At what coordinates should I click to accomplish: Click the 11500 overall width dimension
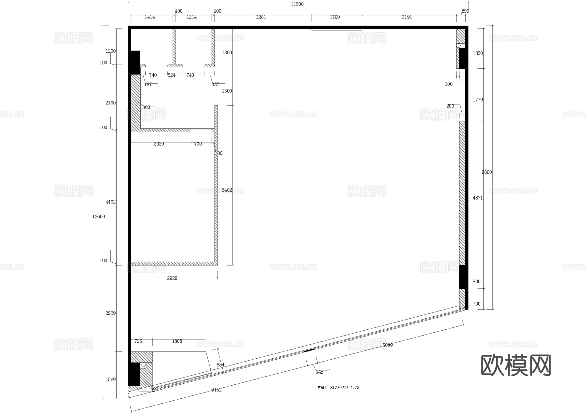point(297,4)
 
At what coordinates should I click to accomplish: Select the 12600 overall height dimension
point(98,217)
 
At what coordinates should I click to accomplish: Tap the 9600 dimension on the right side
point(487,172)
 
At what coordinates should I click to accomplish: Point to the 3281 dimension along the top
point(261,17)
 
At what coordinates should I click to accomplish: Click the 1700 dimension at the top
point(335,17)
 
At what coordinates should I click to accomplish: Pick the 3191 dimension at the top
point(407,17)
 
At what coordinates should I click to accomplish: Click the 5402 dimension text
point(227,190)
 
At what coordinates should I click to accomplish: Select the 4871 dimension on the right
point(478,198)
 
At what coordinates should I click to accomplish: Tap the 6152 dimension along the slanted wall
point(216,390)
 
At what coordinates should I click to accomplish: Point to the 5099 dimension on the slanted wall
point(387,345)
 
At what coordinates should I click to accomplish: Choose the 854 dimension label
point(220,365)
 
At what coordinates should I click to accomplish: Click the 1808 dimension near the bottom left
point(177,341)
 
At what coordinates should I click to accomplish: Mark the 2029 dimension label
point(159,144)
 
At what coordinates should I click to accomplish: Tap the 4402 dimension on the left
point(110,202)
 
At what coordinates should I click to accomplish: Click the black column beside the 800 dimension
point(463,277)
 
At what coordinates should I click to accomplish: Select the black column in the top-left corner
point(134,62)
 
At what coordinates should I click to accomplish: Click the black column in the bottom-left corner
point(134,374)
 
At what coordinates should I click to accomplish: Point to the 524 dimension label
point(172,75)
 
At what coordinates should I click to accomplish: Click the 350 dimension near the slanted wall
point(319,372)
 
